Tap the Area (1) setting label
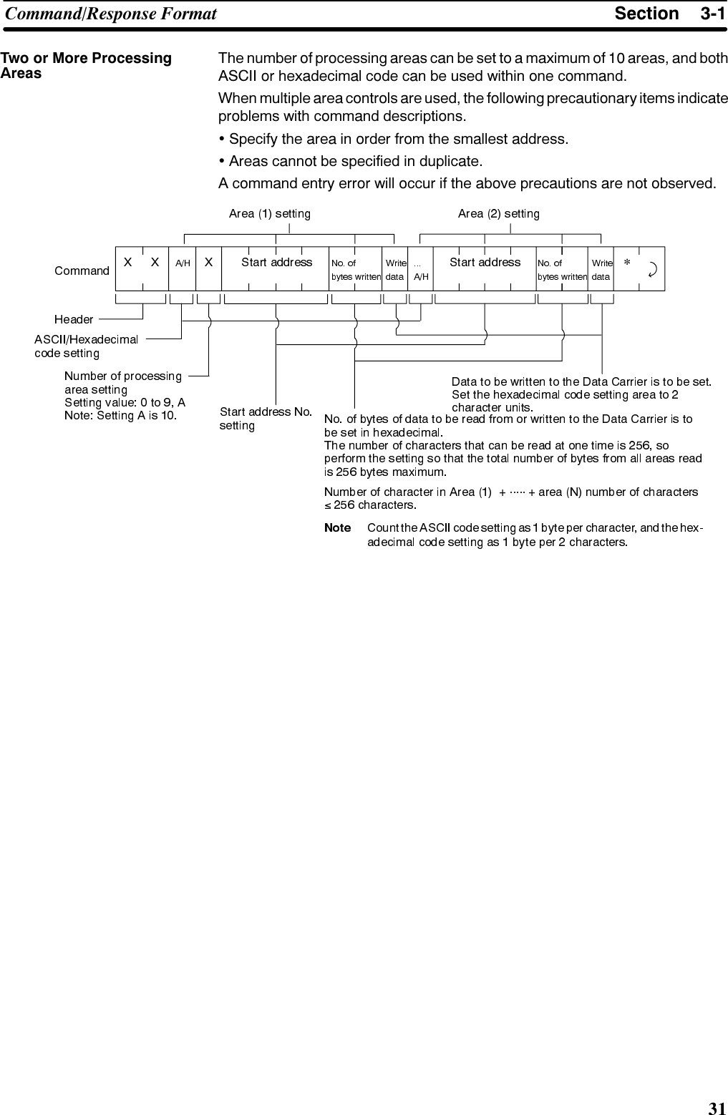tap(269, 213)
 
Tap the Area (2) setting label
tap(498, 213)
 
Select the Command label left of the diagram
tap(82, 271)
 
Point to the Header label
tap(74, 319)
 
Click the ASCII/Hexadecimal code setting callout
tap(86, 346)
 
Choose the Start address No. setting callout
tap(265, 419)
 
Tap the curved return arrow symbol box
tap(652, 269)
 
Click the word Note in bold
tap(337, 528)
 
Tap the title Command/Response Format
tap(111, 14)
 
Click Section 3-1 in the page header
tap(669, 14)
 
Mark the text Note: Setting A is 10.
tap(121, 415)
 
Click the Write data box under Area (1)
tap(395, 269)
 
